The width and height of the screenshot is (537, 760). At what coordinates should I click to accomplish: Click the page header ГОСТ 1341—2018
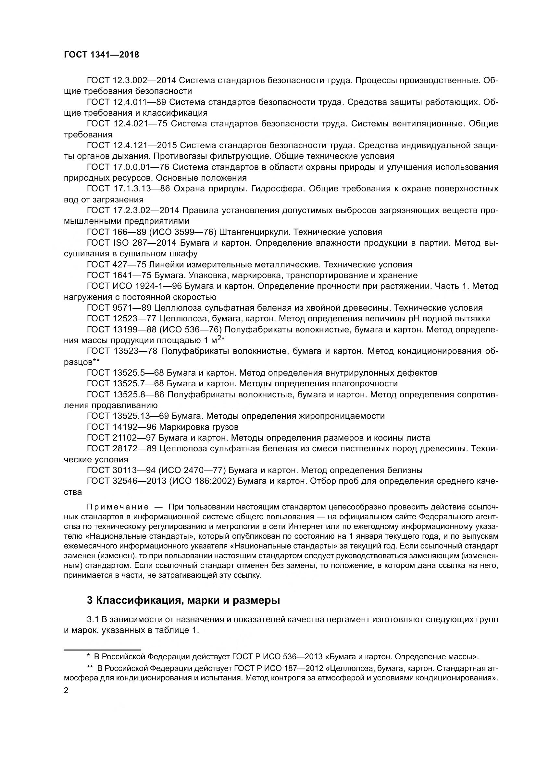click(x=101, y=55)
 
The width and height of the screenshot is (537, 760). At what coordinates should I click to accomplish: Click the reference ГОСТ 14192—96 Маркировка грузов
click(x=162, y=427)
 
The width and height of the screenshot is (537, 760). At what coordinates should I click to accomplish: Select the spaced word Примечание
click(x=117, y=507)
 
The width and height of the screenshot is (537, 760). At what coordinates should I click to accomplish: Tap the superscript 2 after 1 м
click(x=219, y=338)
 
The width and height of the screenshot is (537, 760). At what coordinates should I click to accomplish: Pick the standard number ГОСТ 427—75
click(x=117, y=264)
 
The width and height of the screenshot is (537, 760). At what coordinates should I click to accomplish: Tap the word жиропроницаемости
click(x=342, y=416)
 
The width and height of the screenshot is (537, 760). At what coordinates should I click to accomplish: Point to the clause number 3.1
click(x=93, y=619)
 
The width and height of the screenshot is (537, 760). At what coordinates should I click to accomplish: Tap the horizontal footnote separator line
click(x=102, y=650)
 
